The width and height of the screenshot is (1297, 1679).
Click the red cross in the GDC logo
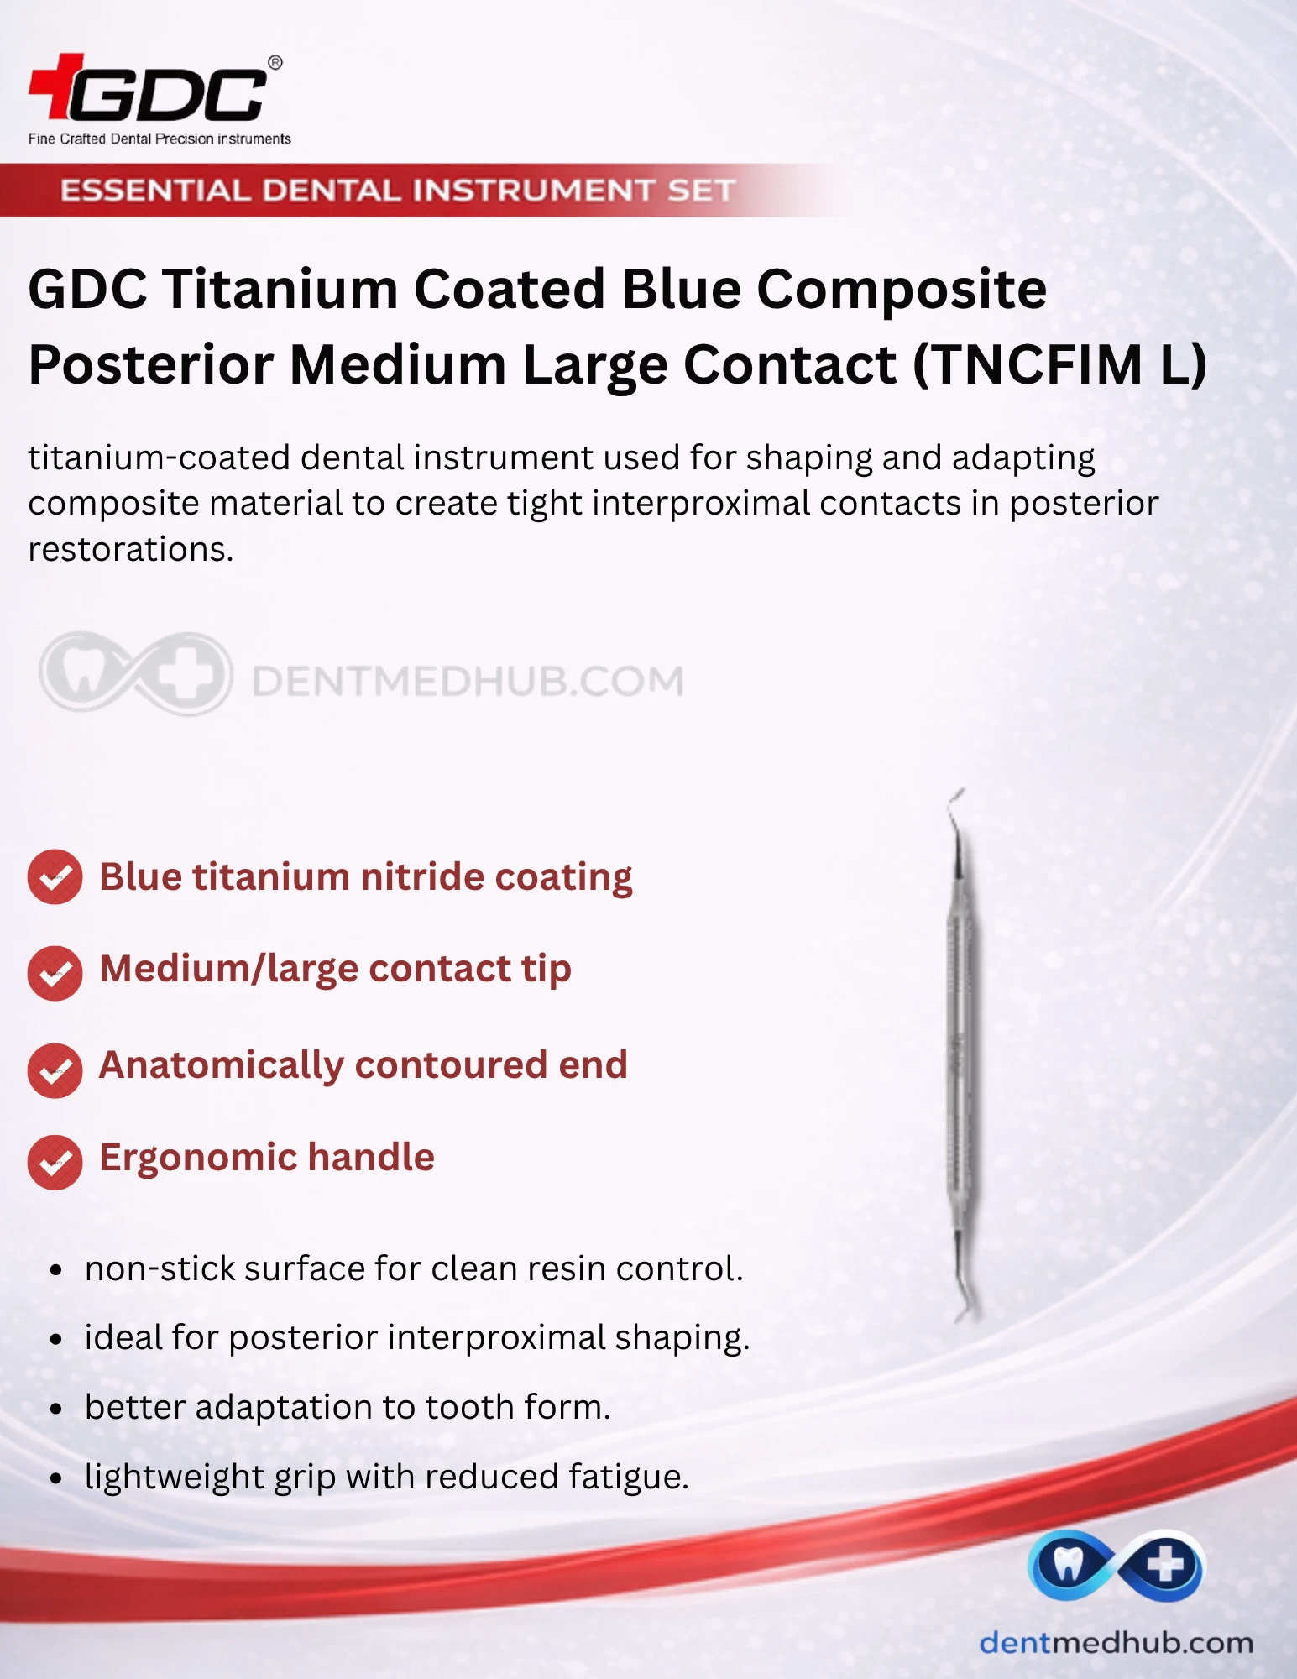pyautogui.click(x=57, y=86)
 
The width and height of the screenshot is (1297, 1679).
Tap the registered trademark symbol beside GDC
pyautogui.click(x=275, y=63)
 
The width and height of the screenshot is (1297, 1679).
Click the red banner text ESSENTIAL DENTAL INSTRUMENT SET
pyautogui.click(x=398, y=191)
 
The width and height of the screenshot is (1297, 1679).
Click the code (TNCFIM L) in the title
pyautogui.click(x=1059, y=365)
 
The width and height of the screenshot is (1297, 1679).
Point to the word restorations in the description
pyautogui.click(x=130, y=550)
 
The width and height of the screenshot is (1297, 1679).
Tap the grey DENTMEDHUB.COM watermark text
pyautogui.click(x=468, y=681)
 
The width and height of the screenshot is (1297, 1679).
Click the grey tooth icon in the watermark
pyautogui.click(x=82, y=672)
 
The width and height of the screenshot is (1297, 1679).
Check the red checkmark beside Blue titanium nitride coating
pyautogui.click(x=55, y=877)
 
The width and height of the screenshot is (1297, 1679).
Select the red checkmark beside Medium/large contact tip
pyautogui.click(x=55, y=973)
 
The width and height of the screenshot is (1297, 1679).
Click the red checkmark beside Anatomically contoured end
pyautogui.click(x=55, y=1070)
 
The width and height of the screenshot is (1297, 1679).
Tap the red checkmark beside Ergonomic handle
pyautogui.click(x=55, y=1162)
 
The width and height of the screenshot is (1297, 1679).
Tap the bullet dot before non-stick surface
pyautogui.click(x=56, y=1270)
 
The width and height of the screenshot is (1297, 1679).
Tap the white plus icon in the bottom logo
pyautogui.click(x=1165, y=1564)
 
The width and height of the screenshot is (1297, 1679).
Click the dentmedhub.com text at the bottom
pyautogui.click(x=1116, y=1642)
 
